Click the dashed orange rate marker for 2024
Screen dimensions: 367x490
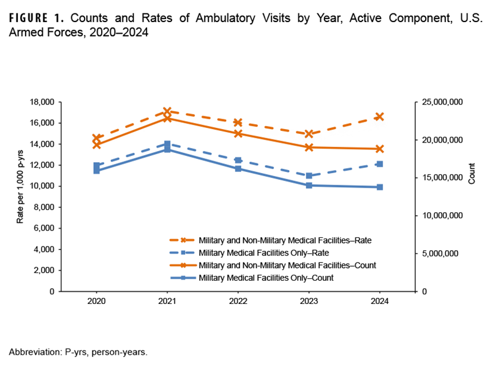[x=380, y=117]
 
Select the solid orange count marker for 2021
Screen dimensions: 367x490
[x=167, y=118]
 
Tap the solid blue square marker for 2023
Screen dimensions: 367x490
[x=309, y=185]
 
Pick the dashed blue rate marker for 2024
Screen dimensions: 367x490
[x=380, y=164]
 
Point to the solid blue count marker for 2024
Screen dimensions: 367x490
[x=380, y=187]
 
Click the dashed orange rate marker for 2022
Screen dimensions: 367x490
[x=238, y=122]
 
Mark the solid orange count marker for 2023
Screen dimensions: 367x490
[x=309, y=147]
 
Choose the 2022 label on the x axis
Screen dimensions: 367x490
[x=238, y=301]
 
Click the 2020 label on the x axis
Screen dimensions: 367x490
[x=96, y=301]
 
